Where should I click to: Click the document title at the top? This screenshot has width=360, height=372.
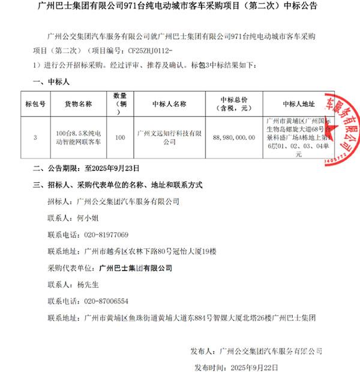point(180,7)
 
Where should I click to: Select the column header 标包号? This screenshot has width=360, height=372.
point(35,103)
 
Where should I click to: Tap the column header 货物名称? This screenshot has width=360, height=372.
point(79,103)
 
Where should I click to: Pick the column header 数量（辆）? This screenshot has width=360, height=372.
point(119,103)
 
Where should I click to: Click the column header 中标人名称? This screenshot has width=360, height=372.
point(170,103)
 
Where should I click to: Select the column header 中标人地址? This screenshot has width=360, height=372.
point(298,103)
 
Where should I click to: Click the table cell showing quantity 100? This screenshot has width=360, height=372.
point(119,137)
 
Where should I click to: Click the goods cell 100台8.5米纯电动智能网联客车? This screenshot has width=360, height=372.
point(79,137)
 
